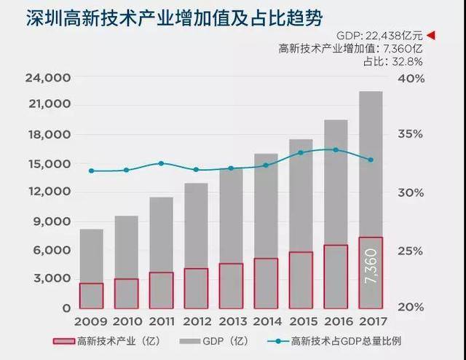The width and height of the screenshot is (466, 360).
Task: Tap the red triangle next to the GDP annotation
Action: [430, 35]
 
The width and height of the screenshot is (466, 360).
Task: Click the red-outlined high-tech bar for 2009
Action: [91, 295]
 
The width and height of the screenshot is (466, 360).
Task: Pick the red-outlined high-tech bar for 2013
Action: [231, 285]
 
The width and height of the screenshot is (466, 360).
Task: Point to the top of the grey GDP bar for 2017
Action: [371, 93]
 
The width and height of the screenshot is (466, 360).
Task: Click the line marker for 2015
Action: [301, 152]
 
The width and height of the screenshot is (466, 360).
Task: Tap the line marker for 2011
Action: [161, 163]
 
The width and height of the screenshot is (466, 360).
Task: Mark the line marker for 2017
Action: [371, 160]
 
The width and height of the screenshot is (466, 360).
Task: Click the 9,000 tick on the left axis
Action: [51, 221]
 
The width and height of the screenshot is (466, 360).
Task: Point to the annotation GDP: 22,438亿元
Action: [379, 35]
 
